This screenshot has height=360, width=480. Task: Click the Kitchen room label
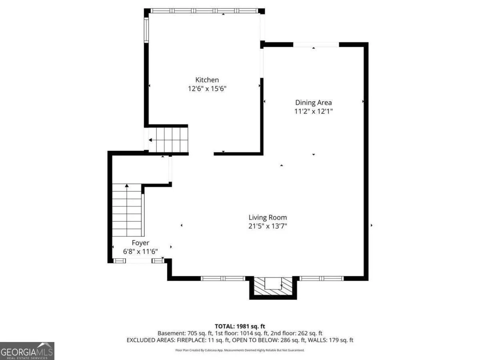coord(207,80)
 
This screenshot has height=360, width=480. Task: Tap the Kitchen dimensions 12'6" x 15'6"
coord(207,89)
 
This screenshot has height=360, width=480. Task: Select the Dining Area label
coord(313,102)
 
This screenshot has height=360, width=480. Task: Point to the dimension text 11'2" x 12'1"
coord(313,111)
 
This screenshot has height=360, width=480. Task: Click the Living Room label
coord(268,218)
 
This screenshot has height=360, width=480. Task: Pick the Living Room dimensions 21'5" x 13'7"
coord(268,226)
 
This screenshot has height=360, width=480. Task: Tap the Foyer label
coord(140,243)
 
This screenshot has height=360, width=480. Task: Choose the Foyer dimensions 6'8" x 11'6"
coord(140,252)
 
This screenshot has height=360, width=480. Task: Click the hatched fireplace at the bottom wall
coord(273,286)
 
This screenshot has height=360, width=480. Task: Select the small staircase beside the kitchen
coord(168,140)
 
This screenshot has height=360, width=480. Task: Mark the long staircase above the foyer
coord(127,210)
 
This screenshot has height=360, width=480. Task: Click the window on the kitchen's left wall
coord(146,30)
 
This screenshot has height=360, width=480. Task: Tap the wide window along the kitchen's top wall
coord(204,11)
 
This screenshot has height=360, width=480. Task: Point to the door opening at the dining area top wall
coord(316,44)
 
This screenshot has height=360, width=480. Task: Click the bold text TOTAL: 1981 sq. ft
coord(240,326)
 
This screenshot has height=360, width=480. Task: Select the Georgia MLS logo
coord(27,351)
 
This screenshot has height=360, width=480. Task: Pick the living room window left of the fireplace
coord(223,278)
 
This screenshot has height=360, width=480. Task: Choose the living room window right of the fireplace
coord(322,278)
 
